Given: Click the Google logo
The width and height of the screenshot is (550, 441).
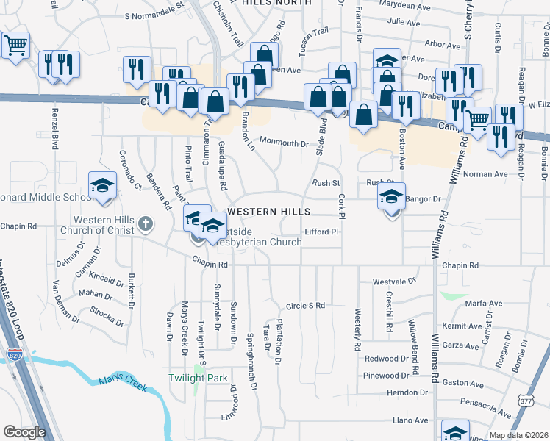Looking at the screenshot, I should coord(24,432).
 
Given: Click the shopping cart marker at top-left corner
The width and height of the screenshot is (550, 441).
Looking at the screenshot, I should coord(15,46).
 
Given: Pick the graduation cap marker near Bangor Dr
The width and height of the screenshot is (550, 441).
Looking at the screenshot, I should coord(392,196).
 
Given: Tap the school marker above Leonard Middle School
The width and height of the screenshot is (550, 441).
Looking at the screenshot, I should coord(102,185).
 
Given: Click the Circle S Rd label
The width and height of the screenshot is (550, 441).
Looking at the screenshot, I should coord(305,305).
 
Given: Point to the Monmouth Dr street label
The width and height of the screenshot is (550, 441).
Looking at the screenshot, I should coord(283,143).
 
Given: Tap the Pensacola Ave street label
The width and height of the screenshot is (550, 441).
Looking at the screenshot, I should coord(481,404).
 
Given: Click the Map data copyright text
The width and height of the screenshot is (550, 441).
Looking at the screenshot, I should coord(517,435).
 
